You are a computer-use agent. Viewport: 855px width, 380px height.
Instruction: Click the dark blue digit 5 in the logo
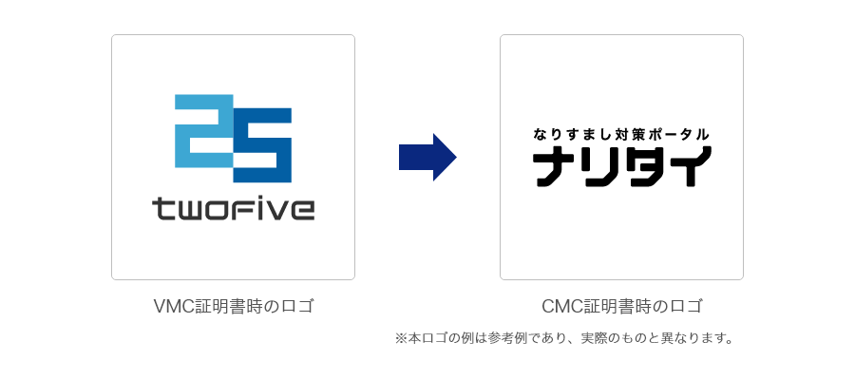pos(262,145)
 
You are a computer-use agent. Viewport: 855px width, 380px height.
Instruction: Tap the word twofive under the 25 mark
pos(233,208)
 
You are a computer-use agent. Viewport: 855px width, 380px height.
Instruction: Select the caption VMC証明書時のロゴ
pos(233,307)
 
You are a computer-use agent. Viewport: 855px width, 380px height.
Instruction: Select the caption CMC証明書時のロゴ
pos(621,307)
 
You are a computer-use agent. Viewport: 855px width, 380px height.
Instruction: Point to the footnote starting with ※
pos(564,338)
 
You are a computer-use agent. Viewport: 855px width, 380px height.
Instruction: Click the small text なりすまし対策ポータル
pos(621,135)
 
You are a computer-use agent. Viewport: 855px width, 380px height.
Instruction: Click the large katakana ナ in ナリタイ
pos(551,167)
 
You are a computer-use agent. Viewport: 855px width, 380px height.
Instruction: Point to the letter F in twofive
pos(245,208)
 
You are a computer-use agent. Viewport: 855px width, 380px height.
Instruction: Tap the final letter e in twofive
pos(301,209)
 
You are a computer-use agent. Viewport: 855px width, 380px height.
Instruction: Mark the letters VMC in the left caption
pos(172,307)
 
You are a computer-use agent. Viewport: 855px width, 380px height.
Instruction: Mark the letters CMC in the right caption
pos(560,307)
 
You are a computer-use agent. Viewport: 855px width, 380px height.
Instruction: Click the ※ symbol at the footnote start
pos(400,338)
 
